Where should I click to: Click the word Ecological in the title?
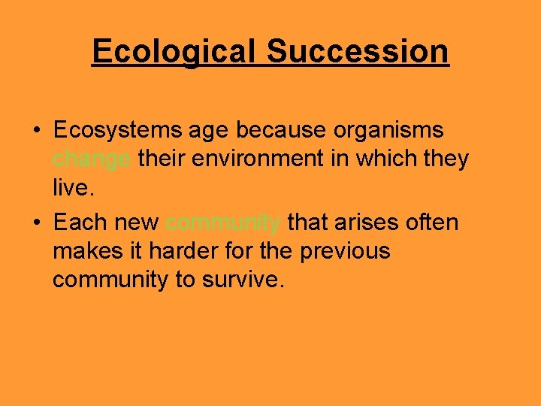point(174,52)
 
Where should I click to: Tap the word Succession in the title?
point(358,52)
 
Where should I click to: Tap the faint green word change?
point(92,159)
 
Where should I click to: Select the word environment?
point(267,159)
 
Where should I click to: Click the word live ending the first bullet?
point(72,187)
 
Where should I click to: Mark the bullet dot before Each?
point(37,223)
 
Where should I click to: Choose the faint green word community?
point(223,223)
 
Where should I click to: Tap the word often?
point(432,223)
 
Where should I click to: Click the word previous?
point(345,251)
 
